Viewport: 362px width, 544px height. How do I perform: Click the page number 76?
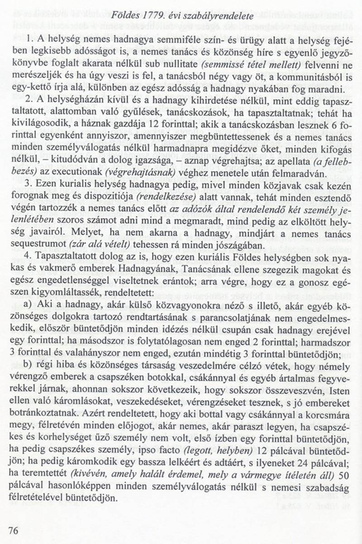pos(13,530)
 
